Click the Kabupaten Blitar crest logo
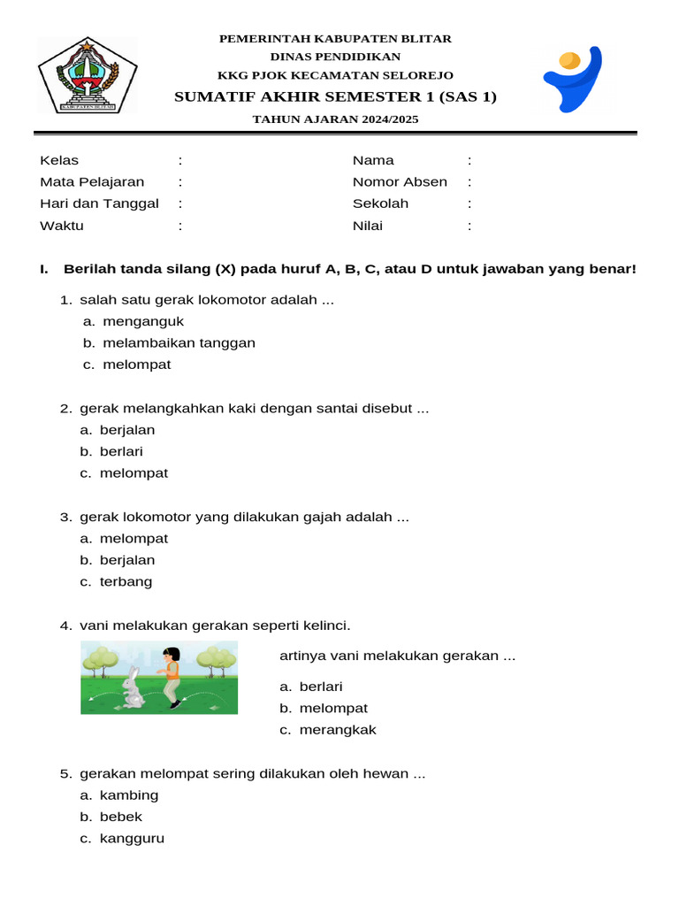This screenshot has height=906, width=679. point(87,75)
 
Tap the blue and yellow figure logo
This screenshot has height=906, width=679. point(572,78)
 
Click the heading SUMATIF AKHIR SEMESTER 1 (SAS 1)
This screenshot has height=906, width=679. point(335,96)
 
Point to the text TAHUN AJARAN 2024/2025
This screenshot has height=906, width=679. point(335,119)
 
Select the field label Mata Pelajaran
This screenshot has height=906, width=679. point(92,182)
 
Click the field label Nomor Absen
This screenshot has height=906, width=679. point(400,182)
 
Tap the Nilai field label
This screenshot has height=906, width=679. point(368,226)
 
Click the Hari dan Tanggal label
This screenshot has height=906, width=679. point(99,203)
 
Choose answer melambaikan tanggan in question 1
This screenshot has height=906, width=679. point(179,343)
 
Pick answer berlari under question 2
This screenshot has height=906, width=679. point(121,451)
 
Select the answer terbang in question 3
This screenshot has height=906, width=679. point(126,581)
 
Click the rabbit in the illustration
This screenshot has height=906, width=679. point(133,688)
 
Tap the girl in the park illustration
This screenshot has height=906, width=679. point(172,676)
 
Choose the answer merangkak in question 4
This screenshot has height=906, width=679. point(338,730)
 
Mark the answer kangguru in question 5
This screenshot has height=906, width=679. point(132,838)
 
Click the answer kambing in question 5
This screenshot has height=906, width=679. point(129,795)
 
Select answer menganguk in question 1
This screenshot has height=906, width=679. point(143,321)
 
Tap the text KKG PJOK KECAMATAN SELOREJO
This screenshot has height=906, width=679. point(335,75)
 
